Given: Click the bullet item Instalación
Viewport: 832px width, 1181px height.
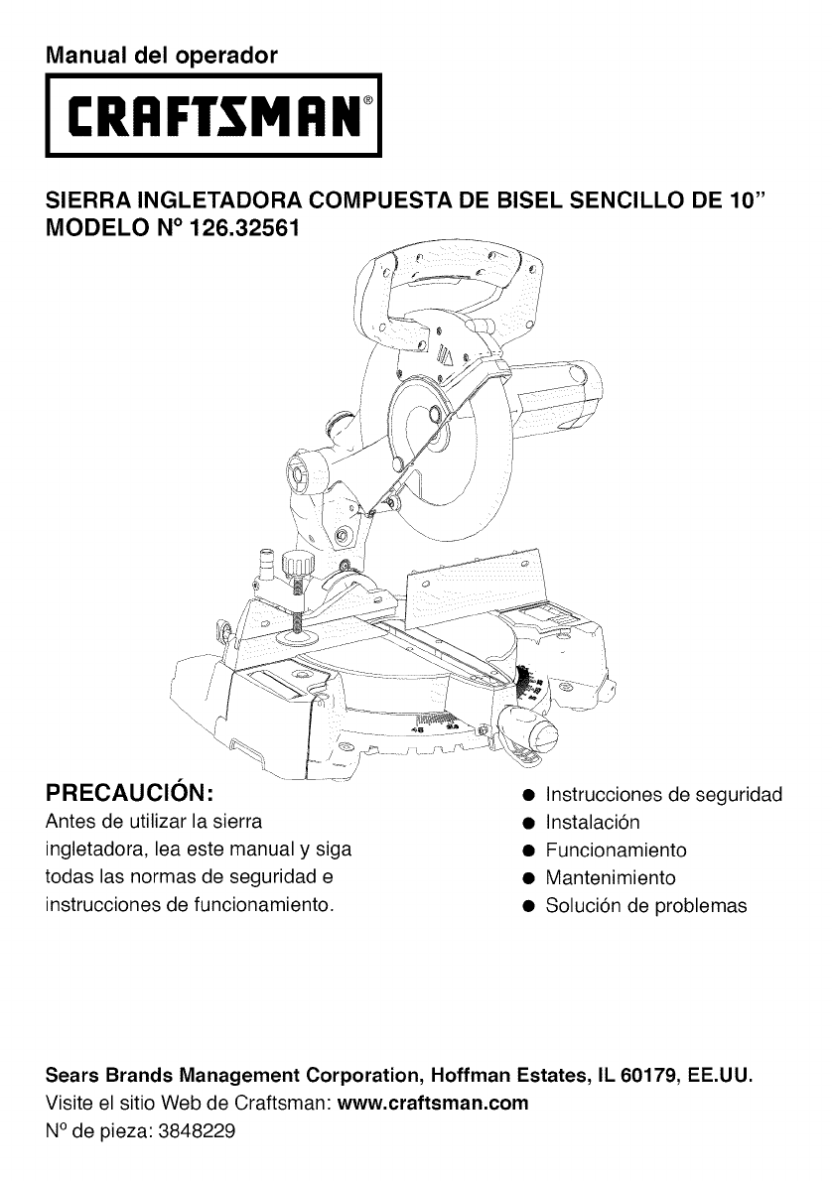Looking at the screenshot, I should tap(593, 823).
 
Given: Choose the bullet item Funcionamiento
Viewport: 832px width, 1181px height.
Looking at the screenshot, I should tap(616, 851).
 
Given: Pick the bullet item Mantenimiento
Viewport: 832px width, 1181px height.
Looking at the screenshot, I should tap(610, 878).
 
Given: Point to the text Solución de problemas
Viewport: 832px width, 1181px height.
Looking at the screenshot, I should tap(645, 906).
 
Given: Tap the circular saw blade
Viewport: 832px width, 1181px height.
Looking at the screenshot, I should tap(452, 466).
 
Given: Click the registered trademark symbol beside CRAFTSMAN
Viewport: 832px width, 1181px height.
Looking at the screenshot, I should tap(368, 102).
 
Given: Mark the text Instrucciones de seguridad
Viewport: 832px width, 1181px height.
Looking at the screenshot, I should tap(664, 795).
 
